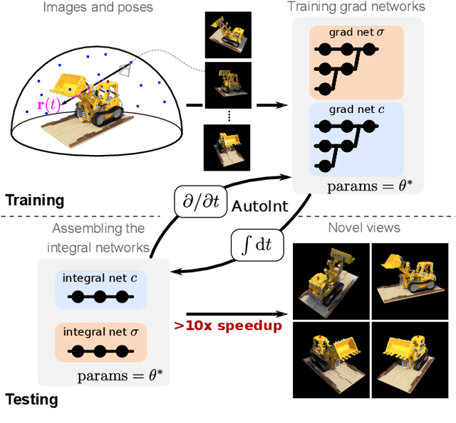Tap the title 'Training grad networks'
[x=356, y=8]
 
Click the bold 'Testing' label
[x=31, y=400]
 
